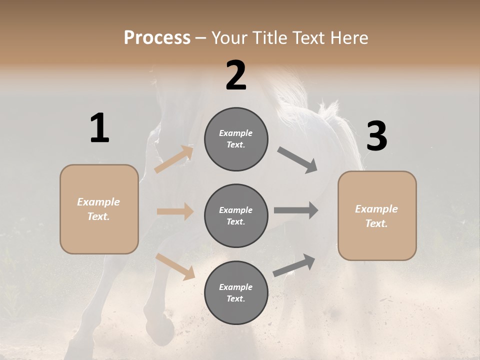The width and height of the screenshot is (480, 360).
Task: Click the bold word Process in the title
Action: pos(157,37)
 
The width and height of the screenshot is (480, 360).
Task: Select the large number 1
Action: pos(99,128)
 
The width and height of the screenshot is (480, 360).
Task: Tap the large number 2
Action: pos(236,75)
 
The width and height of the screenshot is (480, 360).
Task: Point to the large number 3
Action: pos(376,136)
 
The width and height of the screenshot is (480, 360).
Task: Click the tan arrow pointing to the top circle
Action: pos(174,159)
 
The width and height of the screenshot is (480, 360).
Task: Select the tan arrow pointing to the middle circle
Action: pos(175,211)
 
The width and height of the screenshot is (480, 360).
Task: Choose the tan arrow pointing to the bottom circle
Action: pos(175,266)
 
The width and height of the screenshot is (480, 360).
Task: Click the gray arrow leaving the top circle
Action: pos(297,160)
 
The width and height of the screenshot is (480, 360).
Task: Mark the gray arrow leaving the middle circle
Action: pos(295,210)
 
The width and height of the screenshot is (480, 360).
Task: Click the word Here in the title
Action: pos(348,37)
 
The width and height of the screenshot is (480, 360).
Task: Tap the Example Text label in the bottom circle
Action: pos(236,293)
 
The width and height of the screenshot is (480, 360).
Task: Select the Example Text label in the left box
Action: pos(99,209)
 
